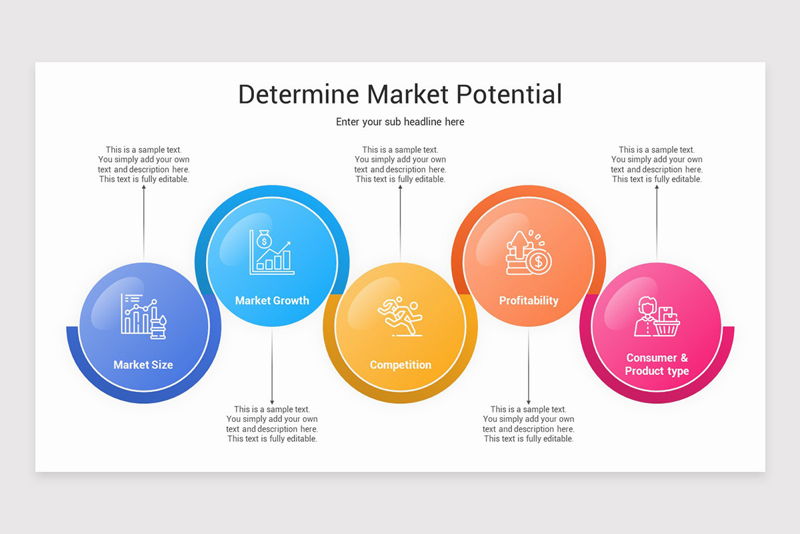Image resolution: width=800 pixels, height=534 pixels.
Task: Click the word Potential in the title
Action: tap(509, 94)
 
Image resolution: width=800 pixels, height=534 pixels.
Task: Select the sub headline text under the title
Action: tap(400, 121)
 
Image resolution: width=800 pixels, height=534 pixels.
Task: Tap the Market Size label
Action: tap(143, 364)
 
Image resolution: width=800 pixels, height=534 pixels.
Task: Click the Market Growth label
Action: tap(272, 300)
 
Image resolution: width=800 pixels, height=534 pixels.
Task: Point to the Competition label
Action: tap(401, 364)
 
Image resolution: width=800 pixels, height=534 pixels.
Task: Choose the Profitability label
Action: tap(529, 300)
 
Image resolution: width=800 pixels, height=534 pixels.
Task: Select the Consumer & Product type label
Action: tap(657, 364)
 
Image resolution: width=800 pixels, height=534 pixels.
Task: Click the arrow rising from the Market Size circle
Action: tap(143, 220)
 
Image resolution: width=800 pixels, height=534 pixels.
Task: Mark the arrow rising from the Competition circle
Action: tap(401, 220)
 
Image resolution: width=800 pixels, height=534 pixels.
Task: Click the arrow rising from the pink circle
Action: tap(657, 220)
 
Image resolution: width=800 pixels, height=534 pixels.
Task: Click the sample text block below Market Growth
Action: tap(272, 424)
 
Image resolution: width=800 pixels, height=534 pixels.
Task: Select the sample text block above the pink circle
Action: tap(657, 164)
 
